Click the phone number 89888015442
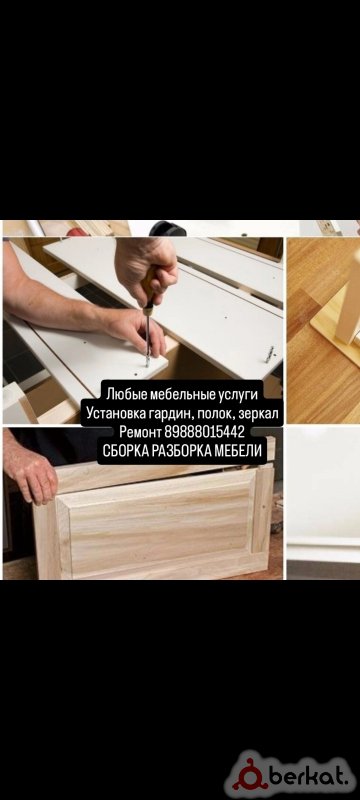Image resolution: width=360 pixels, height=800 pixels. (205, 433)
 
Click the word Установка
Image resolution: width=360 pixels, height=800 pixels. (115, 413)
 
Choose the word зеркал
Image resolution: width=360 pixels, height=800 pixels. (259, 414)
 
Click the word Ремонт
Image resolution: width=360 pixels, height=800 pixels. (140, 433)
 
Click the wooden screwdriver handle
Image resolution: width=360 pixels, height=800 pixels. (150, 290)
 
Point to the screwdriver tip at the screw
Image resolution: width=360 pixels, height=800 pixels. (147, 363)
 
